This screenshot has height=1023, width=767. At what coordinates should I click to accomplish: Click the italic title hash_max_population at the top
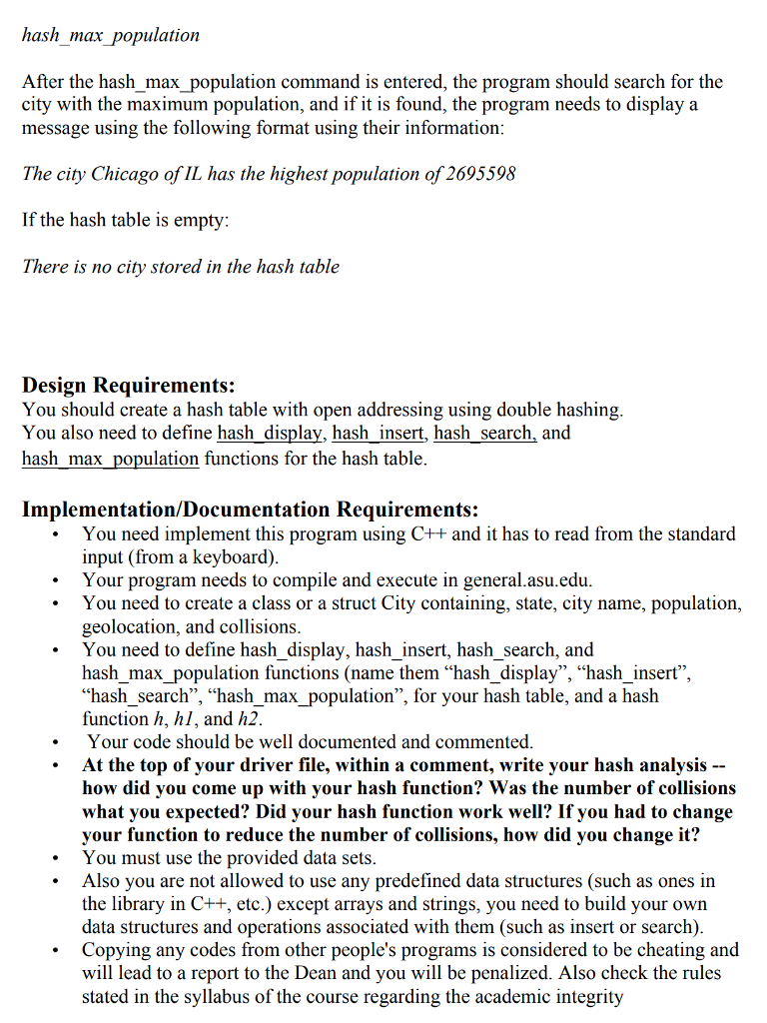pos(111,36)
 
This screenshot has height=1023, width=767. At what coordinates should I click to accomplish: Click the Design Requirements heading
pos(129,385)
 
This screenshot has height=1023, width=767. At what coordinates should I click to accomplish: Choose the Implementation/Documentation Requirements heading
pos(250,510)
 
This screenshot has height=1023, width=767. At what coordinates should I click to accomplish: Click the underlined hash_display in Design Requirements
pos(270,434)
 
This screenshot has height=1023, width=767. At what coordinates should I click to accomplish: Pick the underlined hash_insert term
pos(378,434)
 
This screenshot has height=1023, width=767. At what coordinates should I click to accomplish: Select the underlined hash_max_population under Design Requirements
pos(110,459)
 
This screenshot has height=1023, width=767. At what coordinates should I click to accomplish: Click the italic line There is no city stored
pos(181,267)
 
